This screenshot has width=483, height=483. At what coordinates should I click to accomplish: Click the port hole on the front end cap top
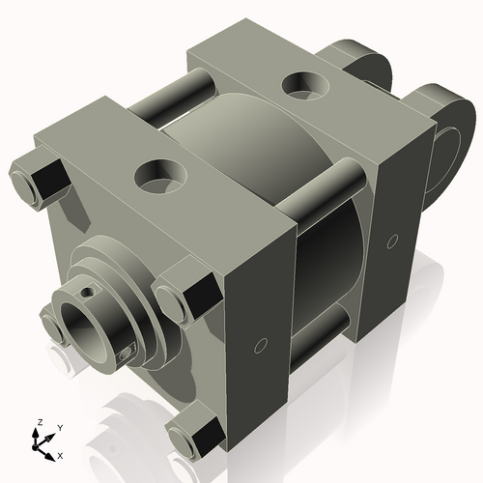(x=157, y=176)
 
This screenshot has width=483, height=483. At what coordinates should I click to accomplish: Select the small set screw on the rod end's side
(x=122, y=356)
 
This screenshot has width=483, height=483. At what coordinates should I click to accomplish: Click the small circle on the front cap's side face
(x=260, y=344)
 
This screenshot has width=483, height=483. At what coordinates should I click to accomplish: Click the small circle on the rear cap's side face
(x=391, y=238)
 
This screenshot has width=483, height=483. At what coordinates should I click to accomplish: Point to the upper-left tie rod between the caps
(x=169, y=99)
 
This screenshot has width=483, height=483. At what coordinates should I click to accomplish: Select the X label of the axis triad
(x=61, y=454)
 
